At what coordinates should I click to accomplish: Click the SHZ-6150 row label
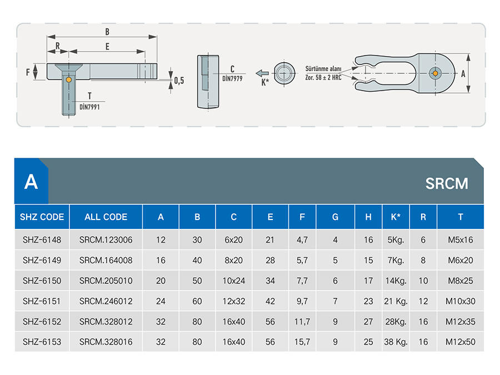point(42,281)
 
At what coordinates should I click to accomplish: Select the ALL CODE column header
point(106,217)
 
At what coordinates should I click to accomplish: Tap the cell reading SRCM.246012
point(106,301)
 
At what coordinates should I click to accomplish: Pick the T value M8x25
point(461,281)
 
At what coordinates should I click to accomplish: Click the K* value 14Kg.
point(396,281)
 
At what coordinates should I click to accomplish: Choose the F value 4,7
point(302,240)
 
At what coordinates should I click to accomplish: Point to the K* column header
point(396,217)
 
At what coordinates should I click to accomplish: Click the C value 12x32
point(234,301)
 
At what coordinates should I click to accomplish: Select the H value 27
point(368,322)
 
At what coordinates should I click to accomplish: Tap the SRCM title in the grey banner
point(447,183)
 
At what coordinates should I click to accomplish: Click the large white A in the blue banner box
point(31,182)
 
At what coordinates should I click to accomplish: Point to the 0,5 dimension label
point(179,81)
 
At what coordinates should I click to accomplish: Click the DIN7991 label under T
point(89,107)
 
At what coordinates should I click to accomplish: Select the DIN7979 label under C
point(232,78)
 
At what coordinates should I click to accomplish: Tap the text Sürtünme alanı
point(323,68)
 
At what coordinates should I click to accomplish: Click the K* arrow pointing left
point(262,73)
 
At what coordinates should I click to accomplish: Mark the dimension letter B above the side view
point(107,32)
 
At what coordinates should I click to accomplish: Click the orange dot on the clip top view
point(435,73)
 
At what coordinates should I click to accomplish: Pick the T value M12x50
point(461,342)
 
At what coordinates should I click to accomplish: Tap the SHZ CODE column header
point(42,217)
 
